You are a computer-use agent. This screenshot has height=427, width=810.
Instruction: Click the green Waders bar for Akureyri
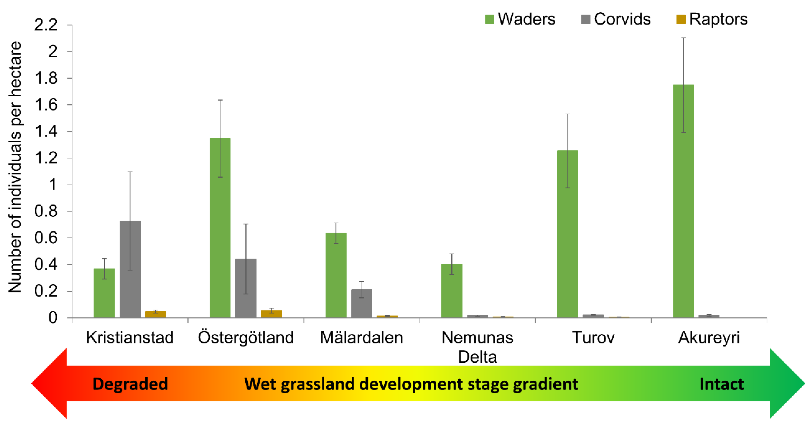(x=683, y=201)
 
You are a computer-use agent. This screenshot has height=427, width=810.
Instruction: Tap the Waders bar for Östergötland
(x=220, y=228)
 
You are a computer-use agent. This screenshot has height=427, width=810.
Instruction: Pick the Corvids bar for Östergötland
(x=246, y=288)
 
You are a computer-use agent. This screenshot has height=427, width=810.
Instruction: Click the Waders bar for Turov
(x=568, y=234)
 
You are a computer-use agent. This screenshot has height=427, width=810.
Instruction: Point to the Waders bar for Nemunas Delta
(x=452, y=291)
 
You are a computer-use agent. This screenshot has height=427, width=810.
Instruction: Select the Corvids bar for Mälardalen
(x=362, y=303)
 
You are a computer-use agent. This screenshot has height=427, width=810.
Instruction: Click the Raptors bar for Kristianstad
(x=156, y=314)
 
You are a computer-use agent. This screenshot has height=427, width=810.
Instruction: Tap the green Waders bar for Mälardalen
(x=336, y=275)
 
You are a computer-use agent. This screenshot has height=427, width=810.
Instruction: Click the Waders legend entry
(x=520, y=19)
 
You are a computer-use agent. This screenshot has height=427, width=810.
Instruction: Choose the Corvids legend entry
(x=616, y=19)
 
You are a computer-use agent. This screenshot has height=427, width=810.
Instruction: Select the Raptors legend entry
(x=712, y=19)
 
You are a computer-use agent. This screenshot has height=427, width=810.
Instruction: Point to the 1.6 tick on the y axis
(x=46, y=105)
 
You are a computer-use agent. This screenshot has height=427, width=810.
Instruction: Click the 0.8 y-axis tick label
(x=46, y=211)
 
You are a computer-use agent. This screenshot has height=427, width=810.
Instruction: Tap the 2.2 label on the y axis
(x=46, y=25)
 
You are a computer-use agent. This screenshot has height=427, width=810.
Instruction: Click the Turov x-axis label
(x=593, y=338)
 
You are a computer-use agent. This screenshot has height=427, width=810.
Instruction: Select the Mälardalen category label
(x=362, y=338)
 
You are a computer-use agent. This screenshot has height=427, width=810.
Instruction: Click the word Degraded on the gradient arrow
(x=130, y=384)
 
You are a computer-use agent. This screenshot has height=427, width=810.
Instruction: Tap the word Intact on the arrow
(x=722, y=384)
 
